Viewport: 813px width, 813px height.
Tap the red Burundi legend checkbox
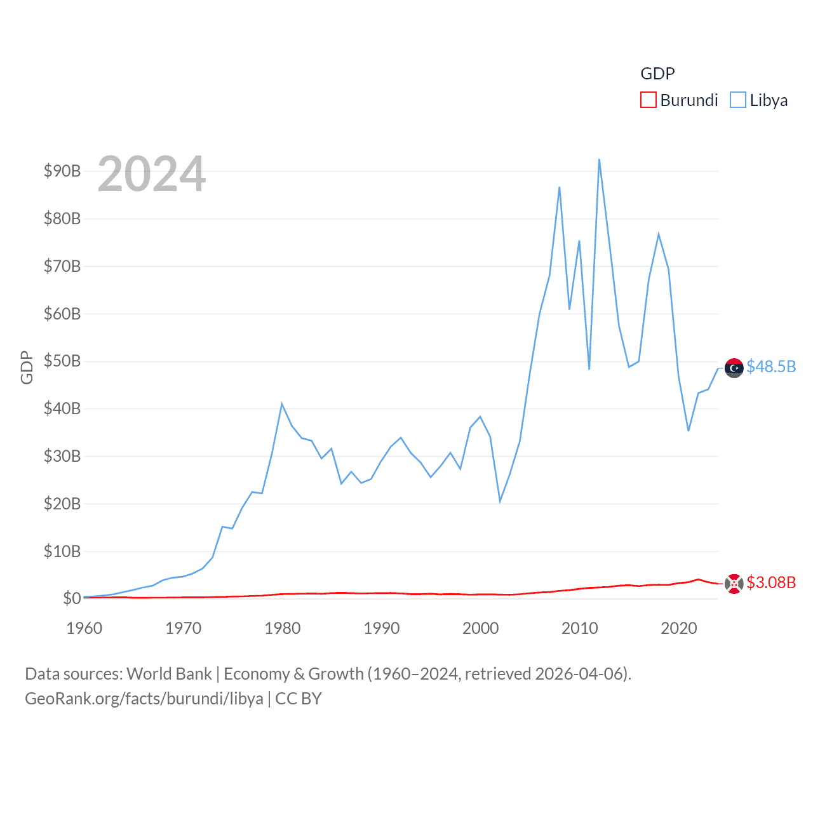[x=648, y=100]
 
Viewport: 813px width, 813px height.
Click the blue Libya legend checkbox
[x=737, y=100]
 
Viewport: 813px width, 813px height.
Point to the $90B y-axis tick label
[x=62, y=171]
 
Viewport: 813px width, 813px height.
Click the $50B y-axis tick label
[x=62, y=361]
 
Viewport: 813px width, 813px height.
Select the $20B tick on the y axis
[x=62, y=504]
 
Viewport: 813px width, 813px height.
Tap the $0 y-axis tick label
[x=72, y=598]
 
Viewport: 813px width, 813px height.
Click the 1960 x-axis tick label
[x=84, y=628]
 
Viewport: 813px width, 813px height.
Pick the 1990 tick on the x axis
[x=381, y=628]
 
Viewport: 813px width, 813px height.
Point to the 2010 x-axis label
[x=579, y=628]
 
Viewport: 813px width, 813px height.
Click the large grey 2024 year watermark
[x=152, y=174]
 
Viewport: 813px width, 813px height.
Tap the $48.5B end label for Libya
[x=771, y=366]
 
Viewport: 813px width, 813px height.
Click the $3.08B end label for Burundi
[x=771, y=582]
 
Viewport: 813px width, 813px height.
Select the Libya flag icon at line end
[x=734, y=368]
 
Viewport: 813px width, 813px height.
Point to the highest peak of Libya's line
[x=599, y=159]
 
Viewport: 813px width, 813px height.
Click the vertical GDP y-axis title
[x=27, y=367]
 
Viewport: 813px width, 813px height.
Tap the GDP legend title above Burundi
[x=657, y=74]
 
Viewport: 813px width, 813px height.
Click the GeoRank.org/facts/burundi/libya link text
[x=144, y=699]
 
